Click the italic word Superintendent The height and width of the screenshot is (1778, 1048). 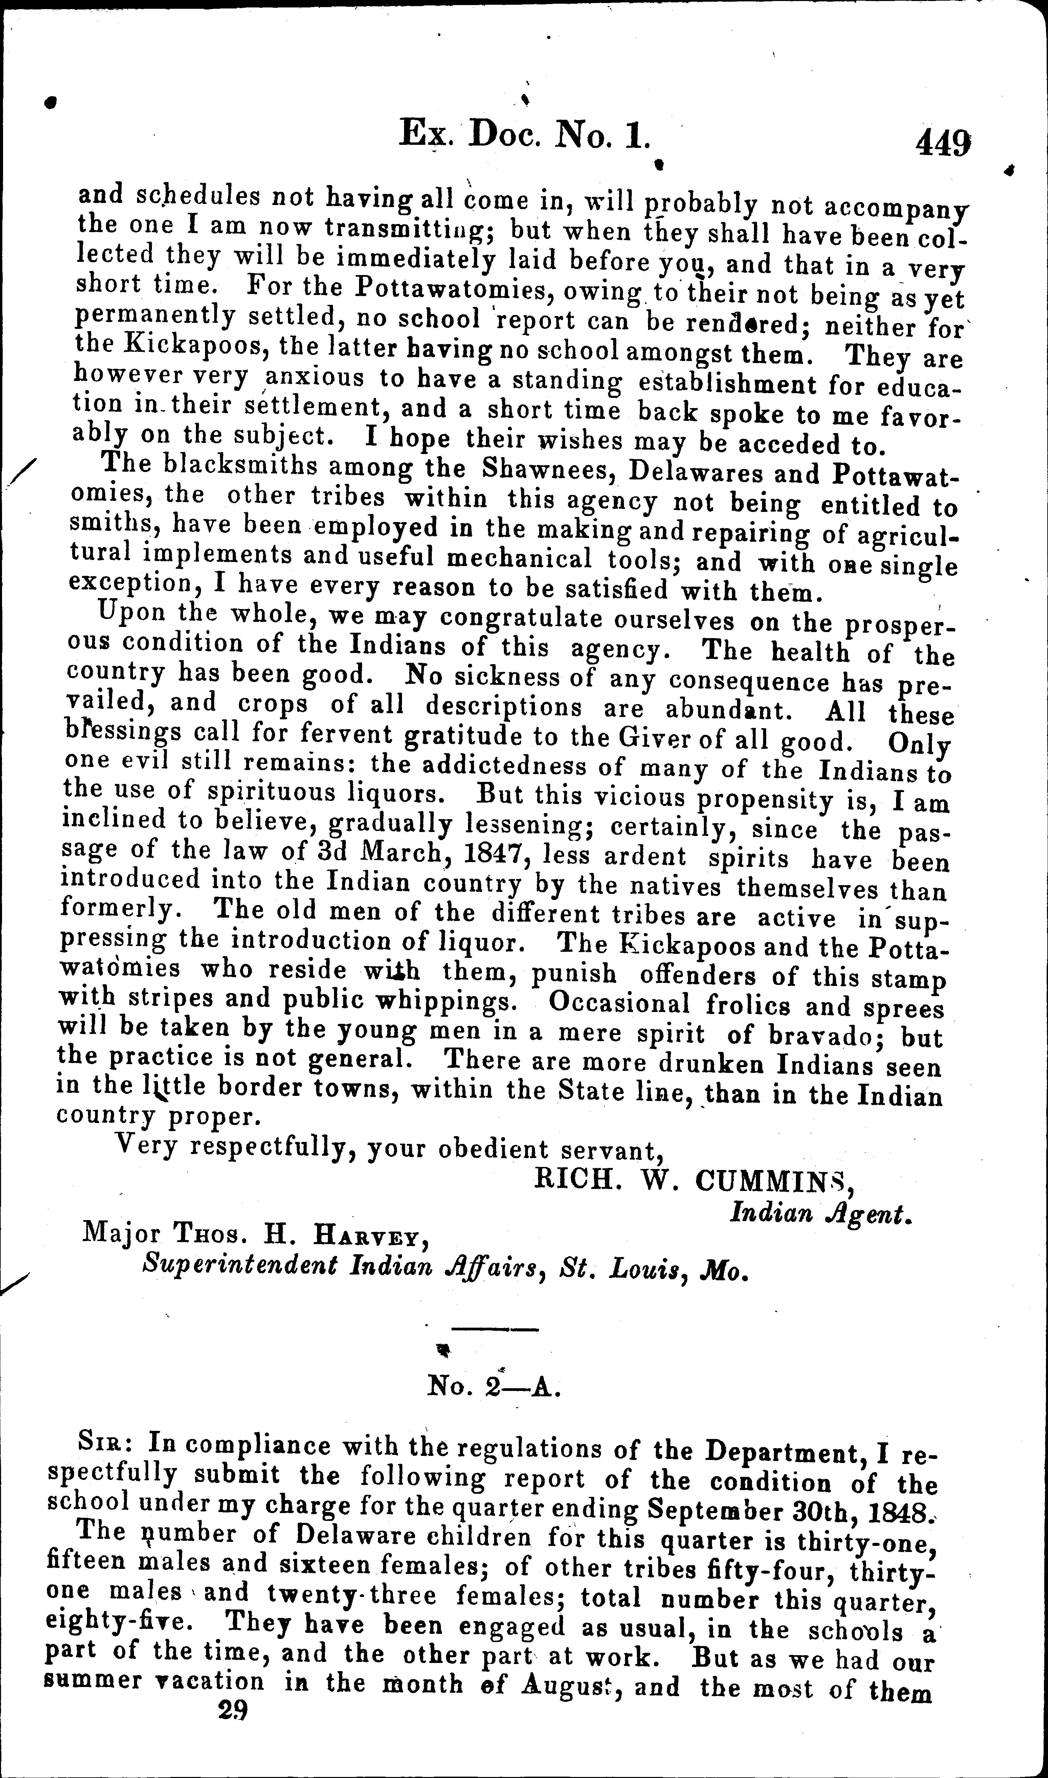(x=240, y=1266)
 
